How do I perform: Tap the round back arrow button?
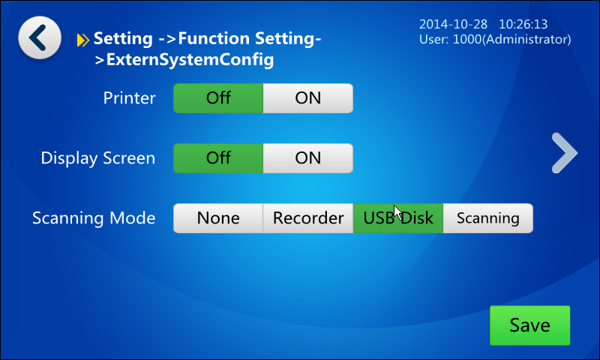[40, 37]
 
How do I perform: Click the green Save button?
[530, 325]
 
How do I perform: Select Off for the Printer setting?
[218, 98]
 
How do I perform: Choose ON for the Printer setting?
[308, 98]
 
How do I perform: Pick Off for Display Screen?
[218, 158]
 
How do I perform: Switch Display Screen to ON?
[308, 158]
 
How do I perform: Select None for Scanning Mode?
[218, 218]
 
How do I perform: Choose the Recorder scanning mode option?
[308, 218]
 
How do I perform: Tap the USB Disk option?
[398, 218]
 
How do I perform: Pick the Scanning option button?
[488, 218]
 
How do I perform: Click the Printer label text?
[129, 98]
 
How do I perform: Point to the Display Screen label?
[98, 158]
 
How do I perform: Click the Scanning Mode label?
[94, 218]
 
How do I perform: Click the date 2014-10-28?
[454, 24]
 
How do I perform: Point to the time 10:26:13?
[523, 24]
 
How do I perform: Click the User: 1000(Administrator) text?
[495, 39]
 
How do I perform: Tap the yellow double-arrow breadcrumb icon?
[82, 40]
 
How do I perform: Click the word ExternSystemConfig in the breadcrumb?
[190, 60]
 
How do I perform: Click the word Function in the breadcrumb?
[214, 38]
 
